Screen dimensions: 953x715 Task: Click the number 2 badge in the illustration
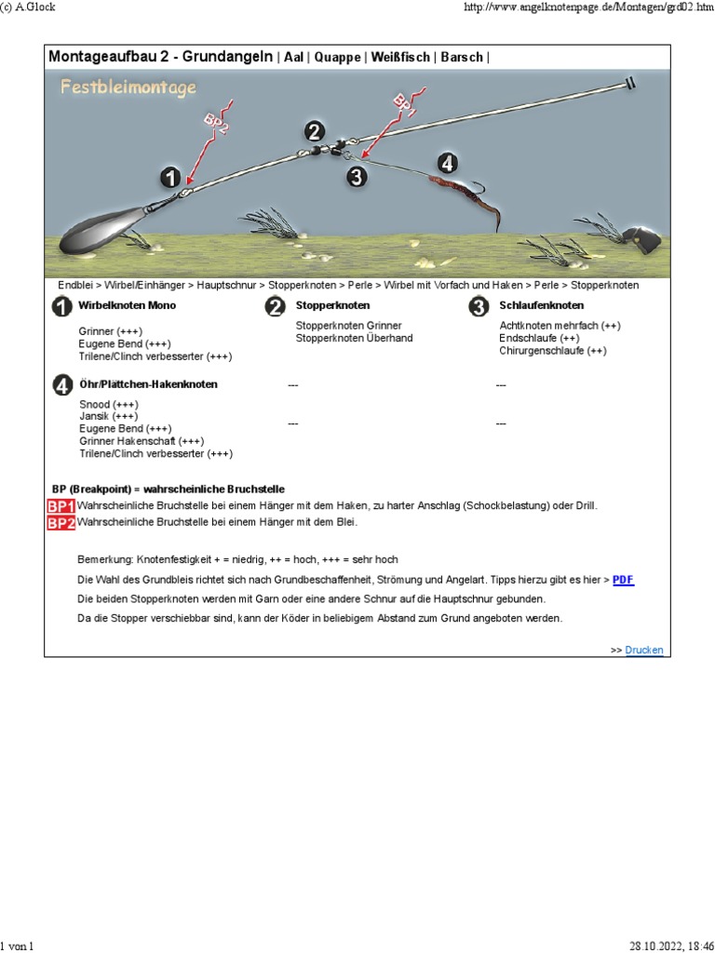(316, 131)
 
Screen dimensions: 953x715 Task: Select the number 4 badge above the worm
(448, 163)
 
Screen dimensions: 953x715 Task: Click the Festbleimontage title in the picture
(128, 87)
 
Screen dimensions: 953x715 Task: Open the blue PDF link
(623, 579)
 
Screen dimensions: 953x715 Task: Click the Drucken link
(644, 651)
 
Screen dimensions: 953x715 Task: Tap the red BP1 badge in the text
(61, 506)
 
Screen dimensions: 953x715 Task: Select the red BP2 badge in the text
(61, 523)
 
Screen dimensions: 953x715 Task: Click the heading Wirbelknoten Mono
(127, 305)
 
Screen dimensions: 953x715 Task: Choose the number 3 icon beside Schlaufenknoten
(479, 306)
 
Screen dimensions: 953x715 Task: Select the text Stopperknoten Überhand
(354, 338)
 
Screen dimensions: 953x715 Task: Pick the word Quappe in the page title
(337, 58)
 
